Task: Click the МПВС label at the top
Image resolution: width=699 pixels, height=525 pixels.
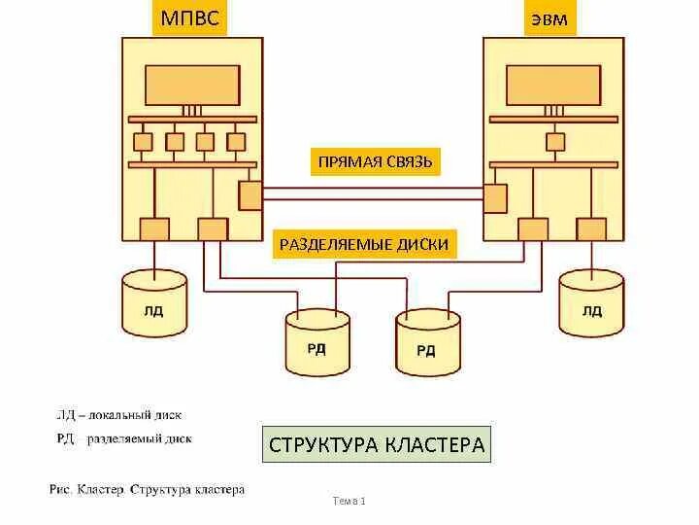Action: pos(189,18)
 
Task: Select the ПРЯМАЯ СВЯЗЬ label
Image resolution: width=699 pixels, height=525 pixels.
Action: pos(375,160)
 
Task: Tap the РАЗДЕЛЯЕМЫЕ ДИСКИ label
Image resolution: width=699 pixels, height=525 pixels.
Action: pos(364,244)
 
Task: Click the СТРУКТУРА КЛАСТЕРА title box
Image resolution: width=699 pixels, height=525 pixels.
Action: pos(377,445)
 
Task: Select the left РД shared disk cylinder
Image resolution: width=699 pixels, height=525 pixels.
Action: pos(316,341)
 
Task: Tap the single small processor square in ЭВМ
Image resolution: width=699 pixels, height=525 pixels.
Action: pos(555,142)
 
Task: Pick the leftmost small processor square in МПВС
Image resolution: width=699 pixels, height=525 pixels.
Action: pos(144,142)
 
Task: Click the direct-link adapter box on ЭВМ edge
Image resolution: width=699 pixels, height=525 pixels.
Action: pos(496,198)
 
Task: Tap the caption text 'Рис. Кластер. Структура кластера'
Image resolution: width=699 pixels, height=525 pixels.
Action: pos(147,489)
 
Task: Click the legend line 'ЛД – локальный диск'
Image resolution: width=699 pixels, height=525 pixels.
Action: pos(118,414)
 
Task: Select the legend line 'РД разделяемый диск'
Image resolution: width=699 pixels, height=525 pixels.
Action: pos(123,438)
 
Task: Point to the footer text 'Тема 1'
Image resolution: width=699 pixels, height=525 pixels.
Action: pos(349,501)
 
